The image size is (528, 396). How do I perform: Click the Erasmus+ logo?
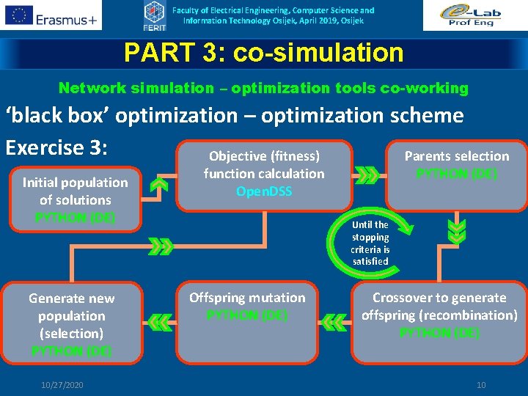coord(51,15)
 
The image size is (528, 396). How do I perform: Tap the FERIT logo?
coord(153,15)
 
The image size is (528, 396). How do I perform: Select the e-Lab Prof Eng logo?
coord(474,15)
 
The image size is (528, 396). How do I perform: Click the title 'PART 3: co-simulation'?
coord(264,53)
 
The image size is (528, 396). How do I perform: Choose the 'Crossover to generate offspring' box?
coord(439,315)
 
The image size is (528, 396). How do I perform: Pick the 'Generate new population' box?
coord(72,323)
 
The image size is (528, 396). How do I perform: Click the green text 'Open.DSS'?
coord(264,191)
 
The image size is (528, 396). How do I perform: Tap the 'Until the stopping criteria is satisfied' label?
coord(370,243)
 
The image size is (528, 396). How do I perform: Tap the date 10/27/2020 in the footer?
coord(63,385)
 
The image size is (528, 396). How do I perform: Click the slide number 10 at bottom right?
coord(481,385)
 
